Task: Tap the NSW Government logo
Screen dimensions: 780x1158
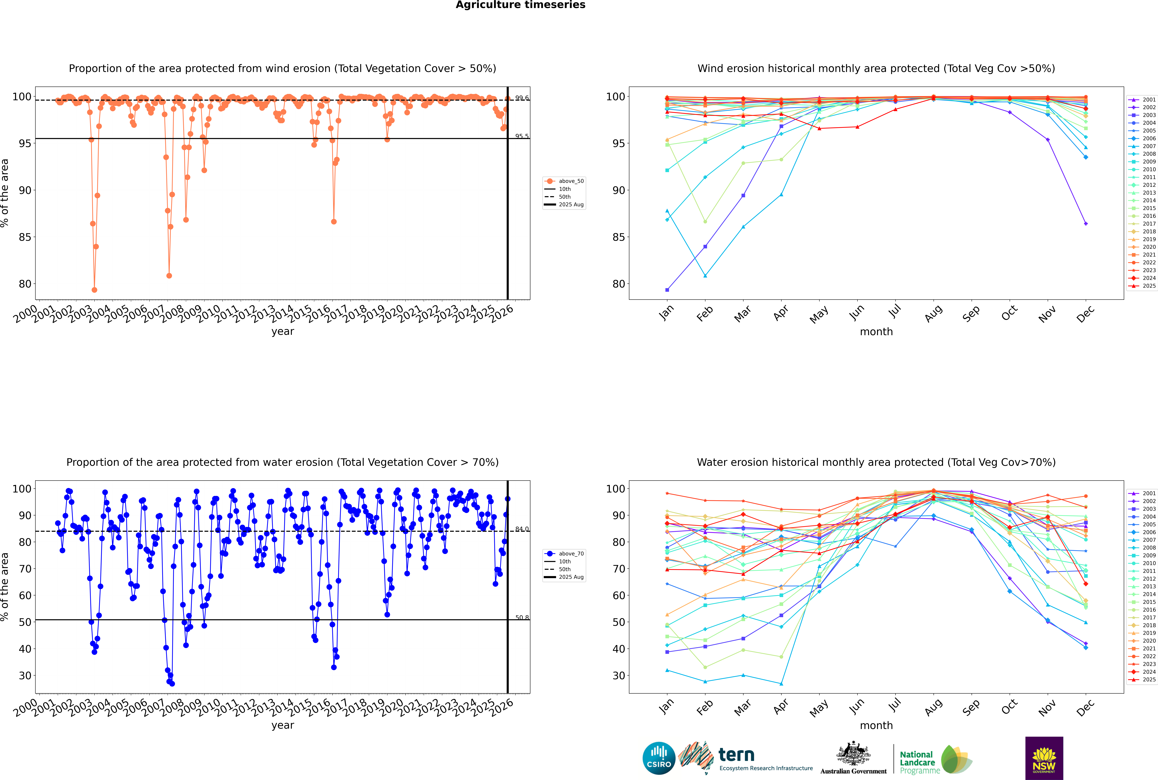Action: pos(1044,758)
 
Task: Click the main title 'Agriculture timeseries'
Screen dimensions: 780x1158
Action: pos(520,5)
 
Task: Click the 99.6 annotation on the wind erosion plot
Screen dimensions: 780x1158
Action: pos(522,98)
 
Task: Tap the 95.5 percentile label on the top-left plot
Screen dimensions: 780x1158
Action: pos(522,136)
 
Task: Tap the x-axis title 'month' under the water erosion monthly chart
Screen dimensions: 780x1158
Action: pos(876,725)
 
